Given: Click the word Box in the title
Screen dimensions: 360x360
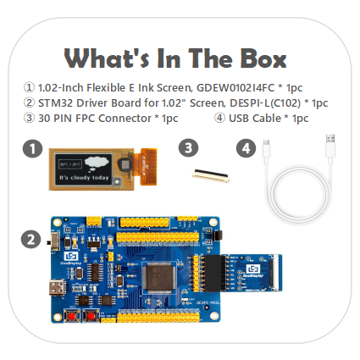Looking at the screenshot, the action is pos(263,58).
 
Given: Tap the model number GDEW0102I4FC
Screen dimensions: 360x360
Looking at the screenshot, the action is pos(235,88).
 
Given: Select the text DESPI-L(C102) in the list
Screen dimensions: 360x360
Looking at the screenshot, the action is pos(265,103).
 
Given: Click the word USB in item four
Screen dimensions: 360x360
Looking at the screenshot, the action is pos(239,119).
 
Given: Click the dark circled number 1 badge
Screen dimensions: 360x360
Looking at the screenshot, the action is pos(32,148).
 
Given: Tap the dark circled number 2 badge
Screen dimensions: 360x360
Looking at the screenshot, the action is pos(30,240).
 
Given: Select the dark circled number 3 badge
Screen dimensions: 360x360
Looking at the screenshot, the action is pos(188,147).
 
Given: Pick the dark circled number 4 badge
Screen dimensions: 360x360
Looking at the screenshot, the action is pos(246,147).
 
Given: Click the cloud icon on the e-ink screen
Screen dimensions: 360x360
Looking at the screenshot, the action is pos(97,163).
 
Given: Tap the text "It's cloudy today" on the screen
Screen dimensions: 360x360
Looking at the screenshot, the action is pos(84,178).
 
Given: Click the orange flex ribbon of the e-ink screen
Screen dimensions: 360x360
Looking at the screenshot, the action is pos(148,167).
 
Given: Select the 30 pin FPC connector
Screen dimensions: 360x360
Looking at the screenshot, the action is pos(211,175).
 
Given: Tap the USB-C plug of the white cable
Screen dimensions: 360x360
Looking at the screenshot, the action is pos(266,149).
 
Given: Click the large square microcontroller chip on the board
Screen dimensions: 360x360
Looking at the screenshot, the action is pos(159,277).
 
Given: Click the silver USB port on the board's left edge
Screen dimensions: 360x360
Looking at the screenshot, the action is pos(58,287).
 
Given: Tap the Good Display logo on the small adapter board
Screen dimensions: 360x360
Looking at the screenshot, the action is pos(252,269).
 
